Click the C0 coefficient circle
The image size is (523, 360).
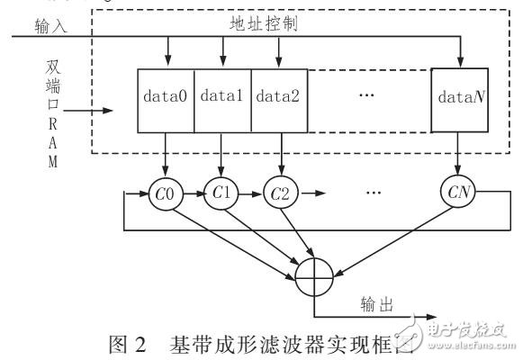point(166,192)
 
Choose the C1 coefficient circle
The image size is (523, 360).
point(221,192)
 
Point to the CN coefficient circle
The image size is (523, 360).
point(459,192)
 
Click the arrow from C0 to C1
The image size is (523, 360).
point(194,192)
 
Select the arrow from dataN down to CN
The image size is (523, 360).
point(459,155)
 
